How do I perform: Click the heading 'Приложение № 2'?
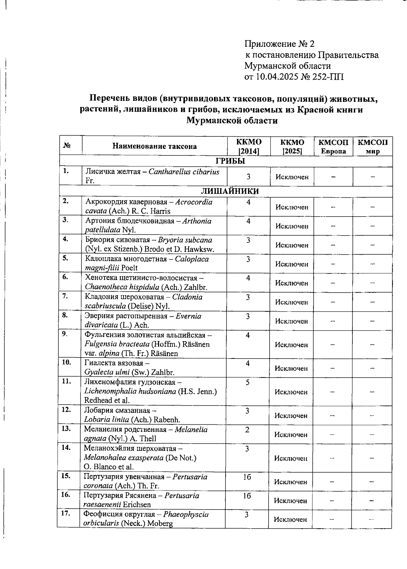click(279, 44)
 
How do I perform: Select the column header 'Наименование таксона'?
click(154, 146)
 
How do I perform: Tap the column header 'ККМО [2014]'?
click(249, 146)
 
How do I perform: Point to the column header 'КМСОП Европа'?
click(333, 146)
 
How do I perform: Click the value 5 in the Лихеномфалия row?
click(248, 383)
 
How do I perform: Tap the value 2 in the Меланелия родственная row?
click(247, 430)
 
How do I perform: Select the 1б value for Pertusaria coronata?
click(247, 477)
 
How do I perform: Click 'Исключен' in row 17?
click(290, 519)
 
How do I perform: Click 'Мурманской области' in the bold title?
click(232, 121)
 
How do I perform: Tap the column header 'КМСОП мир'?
click(372, 146)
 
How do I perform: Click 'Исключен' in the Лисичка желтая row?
click(292, 177)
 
